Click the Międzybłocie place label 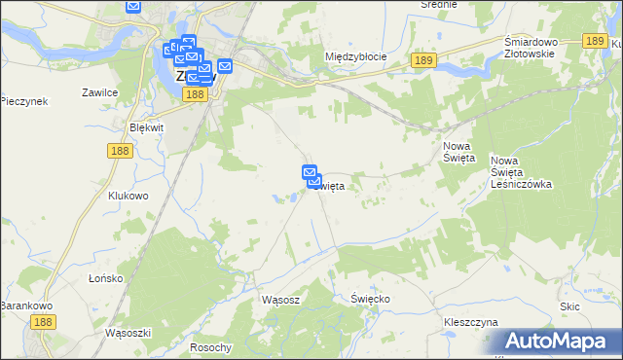coord(355,56)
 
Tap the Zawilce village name coord(100,92)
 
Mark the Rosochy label coord(211,347)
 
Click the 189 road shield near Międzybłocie coord(421,60)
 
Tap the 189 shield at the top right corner coord(597,41)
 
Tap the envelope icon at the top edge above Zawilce coord(133,6)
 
